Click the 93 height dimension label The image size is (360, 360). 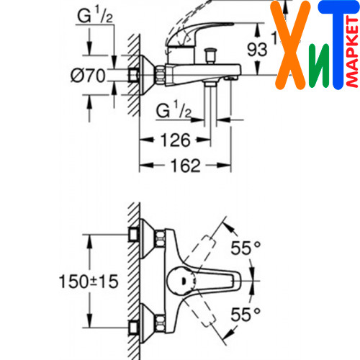click(257, 50)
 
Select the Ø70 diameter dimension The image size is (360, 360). click(88, 76)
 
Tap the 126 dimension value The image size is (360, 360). click(176, 140)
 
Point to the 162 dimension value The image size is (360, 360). click(185, 166)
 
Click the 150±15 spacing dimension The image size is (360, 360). click(89, 282)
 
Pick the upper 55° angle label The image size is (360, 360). click(246, 248)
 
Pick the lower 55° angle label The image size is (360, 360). click(246, 315)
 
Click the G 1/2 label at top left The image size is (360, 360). click(95, 14)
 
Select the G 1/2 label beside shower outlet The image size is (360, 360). click(174, 109)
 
